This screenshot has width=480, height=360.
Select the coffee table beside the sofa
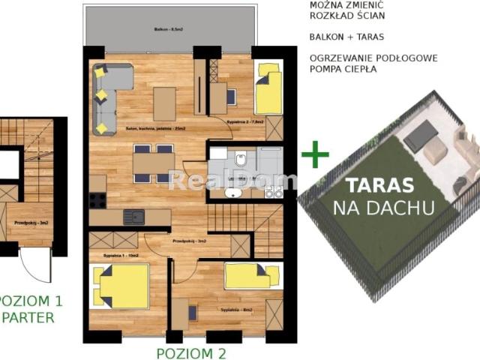(164, 103)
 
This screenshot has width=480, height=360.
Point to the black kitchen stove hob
(97, 200)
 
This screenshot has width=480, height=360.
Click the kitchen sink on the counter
(135, 217)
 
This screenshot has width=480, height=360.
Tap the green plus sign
(315, 156)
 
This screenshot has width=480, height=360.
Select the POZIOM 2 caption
(190, 353)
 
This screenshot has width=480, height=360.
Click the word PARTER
(28, 317)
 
